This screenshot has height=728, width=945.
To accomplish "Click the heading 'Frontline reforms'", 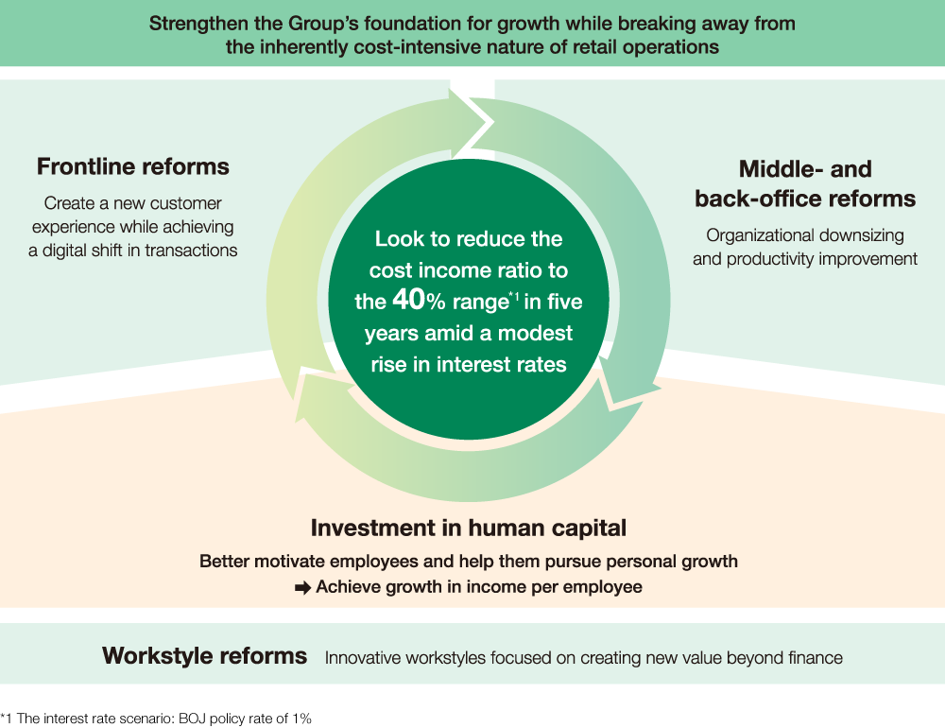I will [x=133, y=167].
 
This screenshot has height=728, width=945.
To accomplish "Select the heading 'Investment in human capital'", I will [x=469, y=528].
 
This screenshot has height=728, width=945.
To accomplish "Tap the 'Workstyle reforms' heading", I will [x=204, y=655].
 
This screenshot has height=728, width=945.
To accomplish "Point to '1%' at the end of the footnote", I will [x=301, y=719].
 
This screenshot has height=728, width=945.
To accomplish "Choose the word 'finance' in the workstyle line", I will [x=815, y=657].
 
